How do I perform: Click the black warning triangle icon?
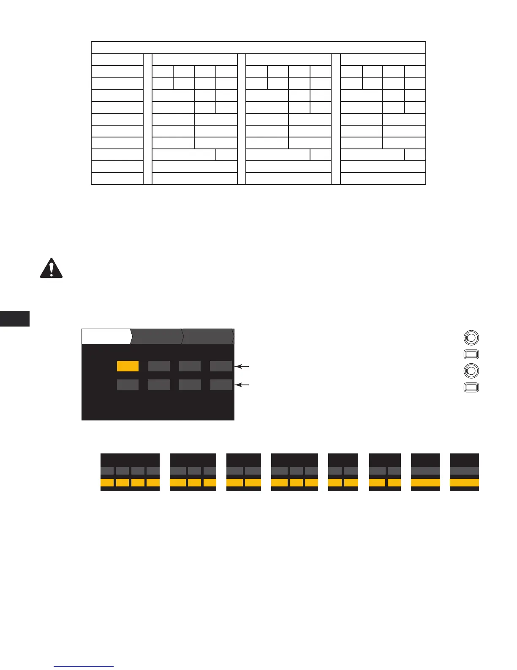click(x=51, y=268)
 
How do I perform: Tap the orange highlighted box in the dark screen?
click(x=128, y=366)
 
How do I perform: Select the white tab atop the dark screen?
click(x=106, y=336)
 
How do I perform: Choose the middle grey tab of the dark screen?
click(x=157, y=336)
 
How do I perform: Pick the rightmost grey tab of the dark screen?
click(x=208, y=336)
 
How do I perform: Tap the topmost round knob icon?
click(x=471, y=338)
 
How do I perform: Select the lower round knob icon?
click(x=471, y=371)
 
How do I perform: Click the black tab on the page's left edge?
click(x=15, y=319)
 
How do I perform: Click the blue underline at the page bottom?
click(x=84, y=667)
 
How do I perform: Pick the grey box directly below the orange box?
click(x=128, y=384)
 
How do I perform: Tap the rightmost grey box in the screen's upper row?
click(x=221, y=366)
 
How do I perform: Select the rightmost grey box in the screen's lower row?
click(x=221, y=384)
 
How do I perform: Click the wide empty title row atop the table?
click(x=258, y=47)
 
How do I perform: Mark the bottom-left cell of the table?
click(x=117, y=178)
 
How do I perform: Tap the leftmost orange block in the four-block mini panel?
click(x=107, y=483)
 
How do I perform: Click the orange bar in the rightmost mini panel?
click(x=464, y=483)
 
